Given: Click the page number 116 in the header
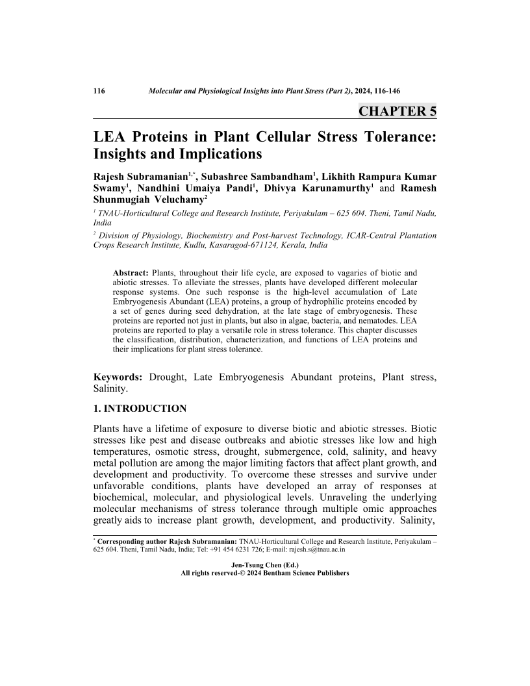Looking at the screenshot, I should [x=99, y=90].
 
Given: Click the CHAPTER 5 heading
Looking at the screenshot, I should [x=397, y=111].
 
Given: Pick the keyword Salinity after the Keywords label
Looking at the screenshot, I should [x=110, y=389].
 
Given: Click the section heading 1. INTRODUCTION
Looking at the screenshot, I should [x=140, y=409].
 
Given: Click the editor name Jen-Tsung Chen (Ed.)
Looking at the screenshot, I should [x=264, y=565].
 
